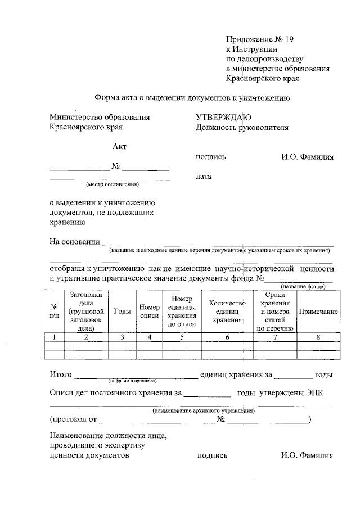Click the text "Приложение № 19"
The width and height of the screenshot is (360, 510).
pos(260,39)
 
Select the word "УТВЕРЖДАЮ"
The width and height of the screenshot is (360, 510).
pos(223,118)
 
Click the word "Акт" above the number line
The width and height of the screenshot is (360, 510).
pos(119,147)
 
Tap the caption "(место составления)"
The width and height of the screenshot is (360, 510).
pos(112,184)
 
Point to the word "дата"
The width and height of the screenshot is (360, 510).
pos(204,177)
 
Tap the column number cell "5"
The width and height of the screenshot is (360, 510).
pos(182,337)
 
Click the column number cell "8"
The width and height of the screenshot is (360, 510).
pos(318,337)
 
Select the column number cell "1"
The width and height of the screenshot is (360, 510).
pos(55,337)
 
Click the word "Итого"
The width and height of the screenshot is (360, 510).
pos(60,374)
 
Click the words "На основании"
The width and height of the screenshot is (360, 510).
pos(74,242)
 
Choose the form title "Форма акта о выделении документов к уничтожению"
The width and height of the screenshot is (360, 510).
pos(191,97)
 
